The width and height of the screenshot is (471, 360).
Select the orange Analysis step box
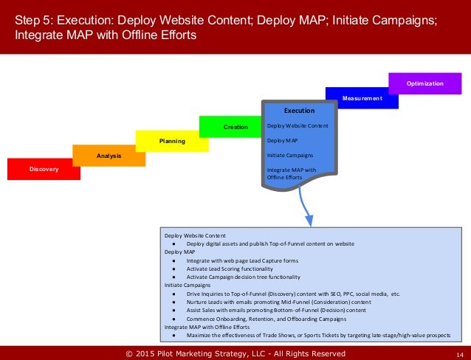click(109, 156)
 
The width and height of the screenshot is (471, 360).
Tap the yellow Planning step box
click(172, 140)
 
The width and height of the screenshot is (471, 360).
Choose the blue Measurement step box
click(362, 97)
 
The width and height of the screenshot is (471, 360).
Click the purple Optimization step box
click(424, 83)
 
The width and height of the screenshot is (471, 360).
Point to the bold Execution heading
click(299, 111)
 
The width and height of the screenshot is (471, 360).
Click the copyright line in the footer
click(235, 354)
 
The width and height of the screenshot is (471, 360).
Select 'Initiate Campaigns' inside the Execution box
click(289, 155)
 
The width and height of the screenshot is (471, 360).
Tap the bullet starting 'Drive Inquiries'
click(293, 294)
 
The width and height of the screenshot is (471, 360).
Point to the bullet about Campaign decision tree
click(244, 277)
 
